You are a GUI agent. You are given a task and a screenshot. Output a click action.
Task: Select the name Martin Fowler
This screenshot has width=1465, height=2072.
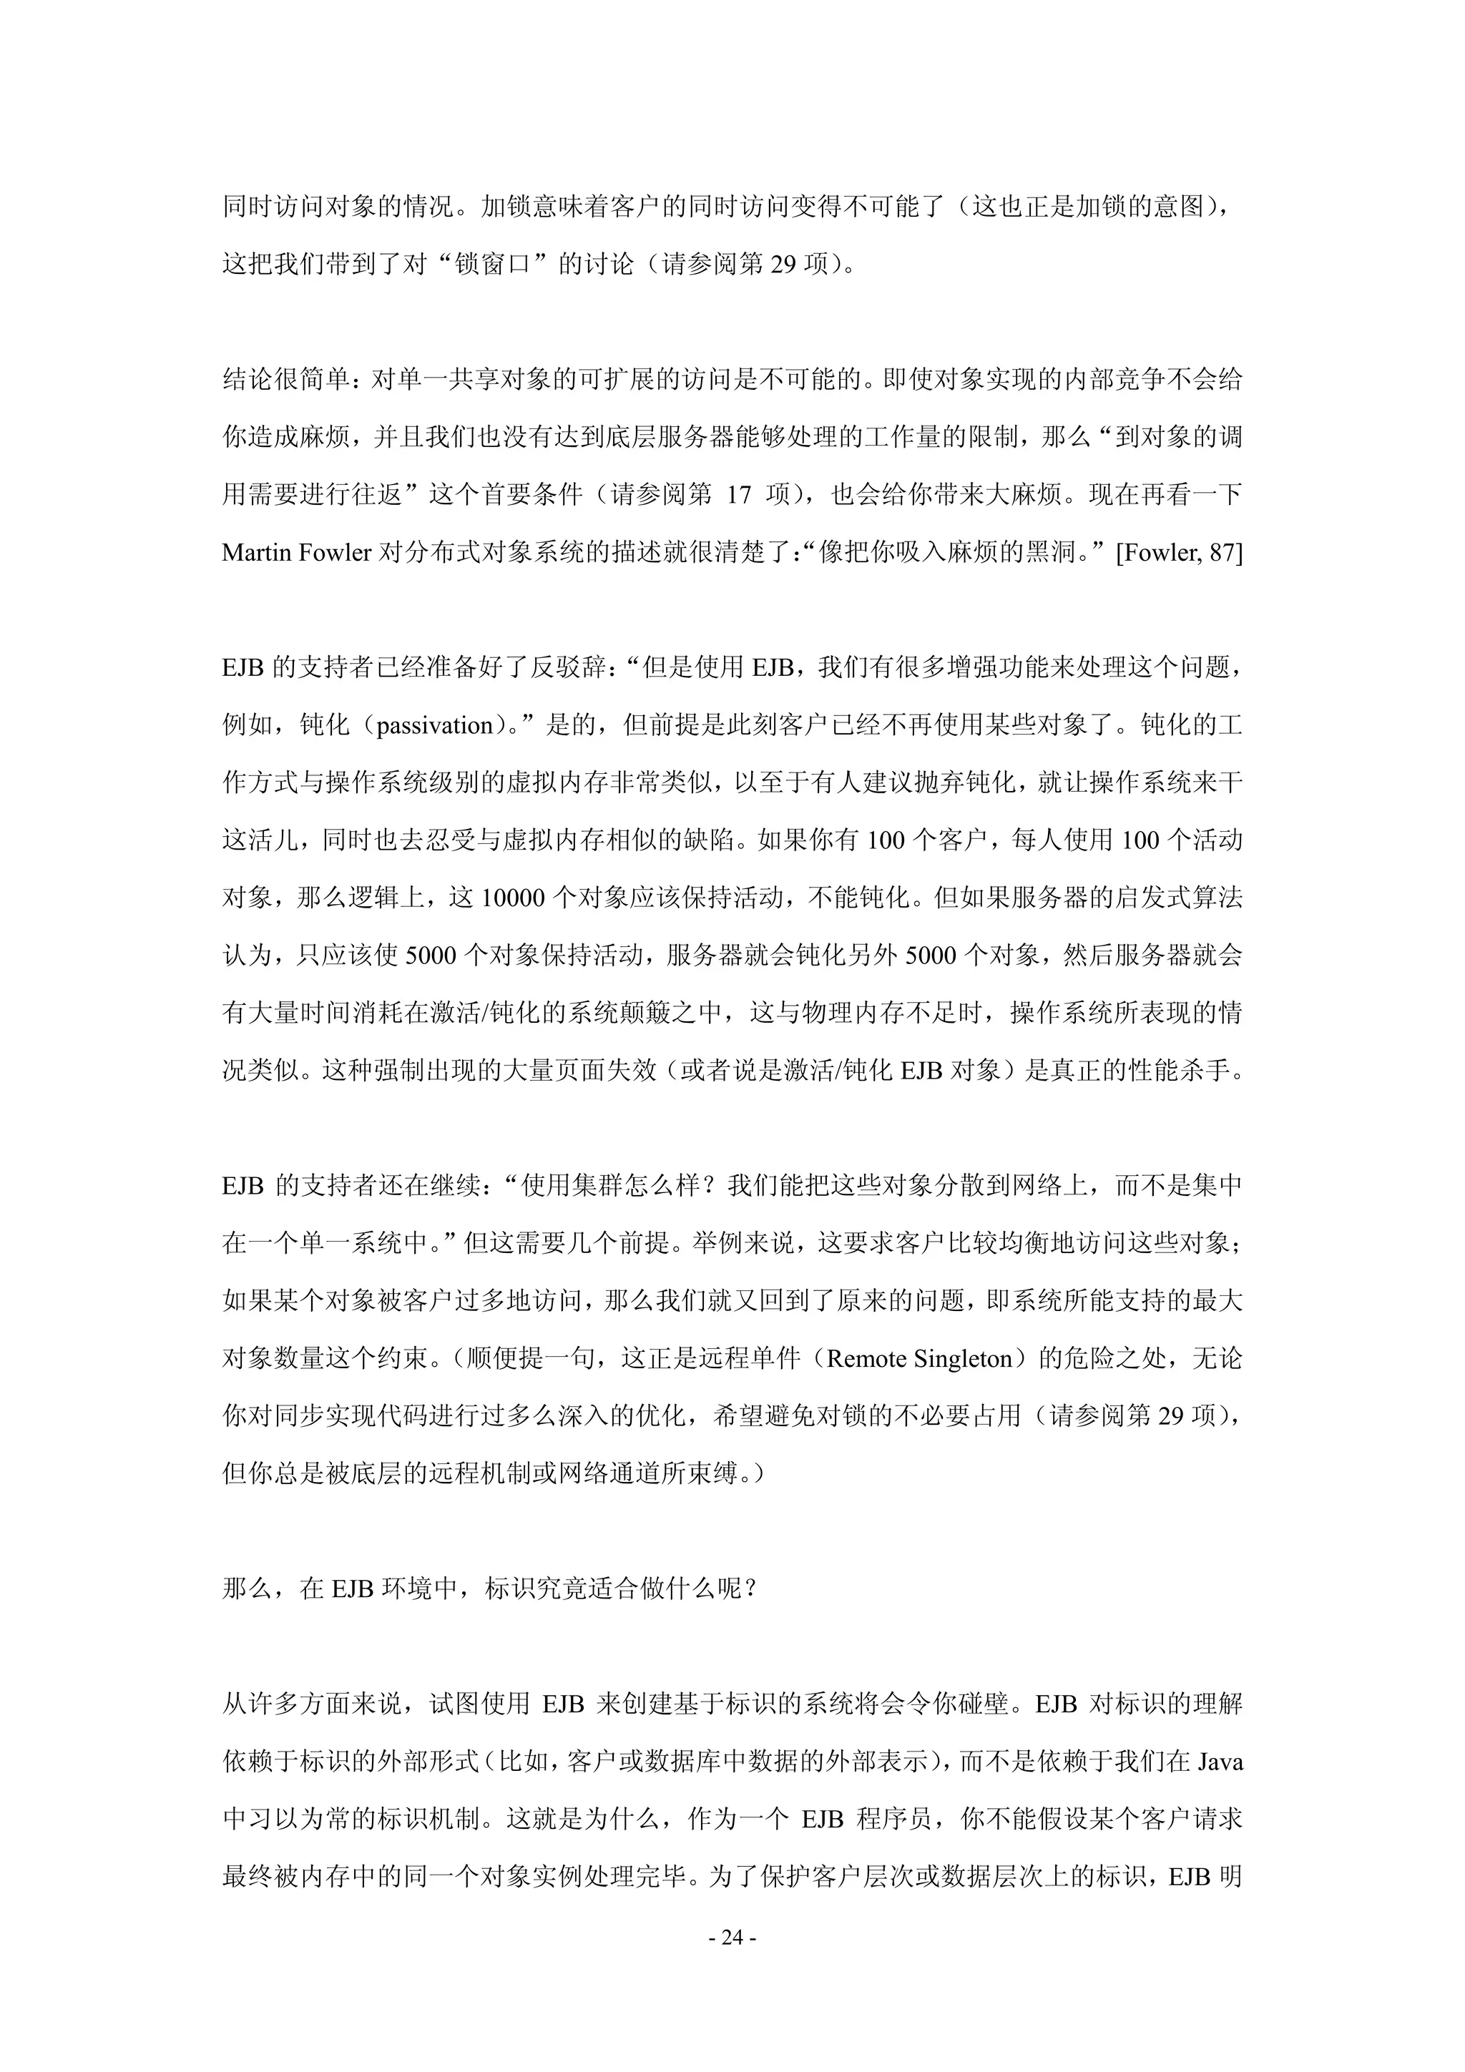pos(296,553)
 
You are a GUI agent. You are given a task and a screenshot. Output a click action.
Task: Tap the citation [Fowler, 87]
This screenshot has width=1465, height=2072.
pos(1179,553)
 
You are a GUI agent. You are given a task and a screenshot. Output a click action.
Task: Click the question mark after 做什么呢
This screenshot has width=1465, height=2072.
pos(748,1589)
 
